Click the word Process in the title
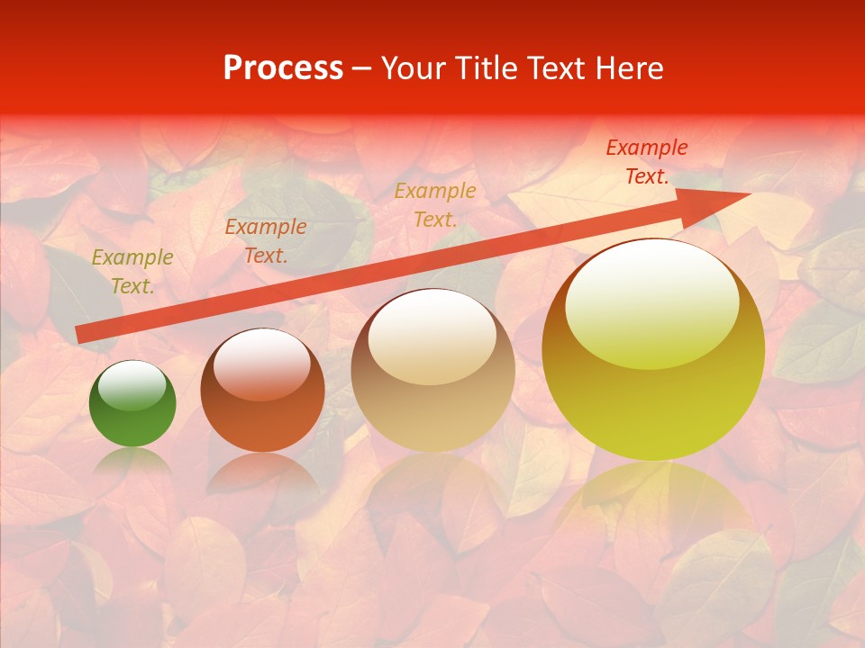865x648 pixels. (x=283, y=68)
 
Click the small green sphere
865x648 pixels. (x=132, y=404)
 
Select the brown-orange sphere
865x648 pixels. (x=262, y=391)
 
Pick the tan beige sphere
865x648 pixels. (x=432, y=371)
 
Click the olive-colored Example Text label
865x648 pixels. (x=132, y=272)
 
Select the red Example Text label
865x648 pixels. (x=646, y=162)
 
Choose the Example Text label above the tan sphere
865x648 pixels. (x=435, y=204)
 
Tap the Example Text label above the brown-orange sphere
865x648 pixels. (x=265, y=240)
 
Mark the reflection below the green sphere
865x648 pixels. (x=132, y=463)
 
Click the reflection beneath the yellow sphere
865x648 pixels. (x=653, y=504)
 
